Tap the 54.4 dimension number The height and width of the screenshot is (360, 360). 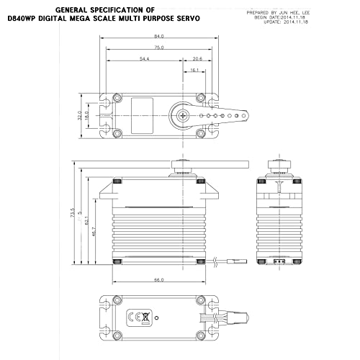(x=143, y=58)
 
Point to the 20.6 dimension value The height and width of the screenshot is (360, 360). (x=197, y=58)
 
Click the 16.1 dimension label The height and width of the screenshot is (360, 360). (x=194, y=70)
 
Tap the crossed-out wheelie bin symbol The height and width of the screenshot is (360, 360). (x=145, y=316)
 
